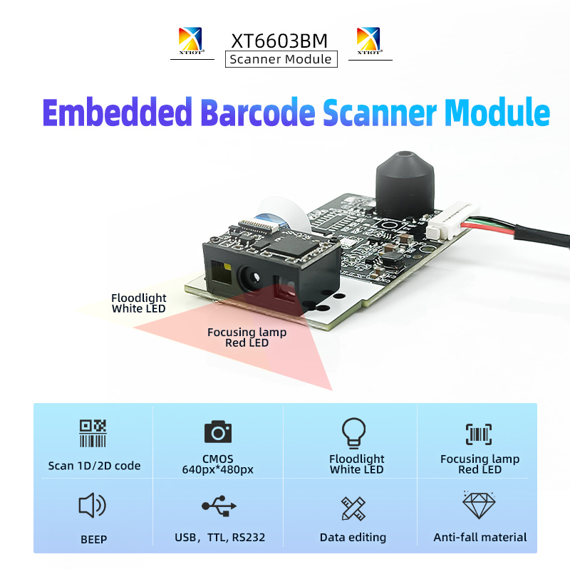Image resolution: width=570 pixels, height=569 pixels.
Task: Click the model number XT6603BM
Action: (280, 39)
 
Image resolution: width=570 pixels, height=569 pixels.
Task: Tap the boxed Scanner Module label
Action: (281, 59)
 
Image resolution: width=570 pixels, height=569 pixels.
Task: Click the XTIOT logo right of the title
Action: (368, 41)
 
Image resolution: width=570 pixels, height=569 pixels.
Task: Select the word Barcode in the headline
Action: (258, 113)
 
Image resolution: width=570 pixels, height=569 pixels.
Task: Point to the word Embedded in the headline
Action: (117, 113)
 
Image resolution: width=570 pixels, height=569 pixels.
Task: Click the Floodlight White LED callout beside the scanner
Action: (139, 303)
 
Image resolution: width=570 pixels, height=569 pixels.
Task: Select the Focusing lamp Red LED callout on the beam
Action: (247, 338)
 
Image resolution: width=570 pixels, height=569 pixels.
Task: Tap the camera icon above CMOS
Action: (218, 432)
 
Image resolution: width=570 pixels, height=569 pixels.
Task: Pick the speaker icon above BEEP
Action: (92, 506)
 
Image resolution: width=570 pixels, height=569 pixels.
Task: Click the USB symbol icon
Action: (219, 506)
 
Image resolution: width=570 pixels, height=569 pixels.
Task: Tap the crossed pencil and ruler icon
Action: (353, 508)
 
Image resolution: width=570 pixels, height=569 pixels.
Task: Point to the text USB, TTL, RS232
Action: (219, 538)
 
